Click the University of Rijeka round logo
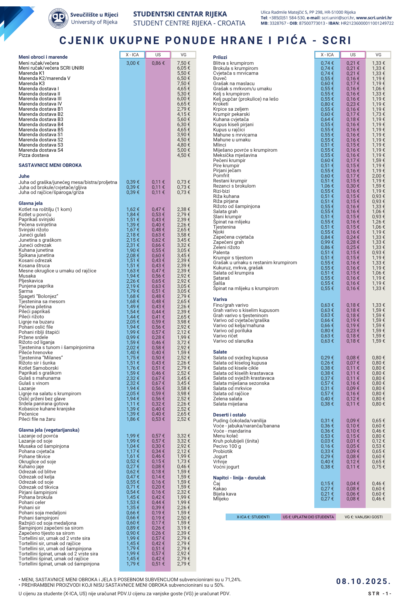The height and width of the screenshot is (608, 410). [x=58, y=18]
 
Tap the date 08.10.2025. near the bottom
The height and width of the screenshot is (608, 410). [x=363, y=582]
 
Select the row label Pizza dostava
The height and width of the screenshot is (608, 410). [x=34, y=155]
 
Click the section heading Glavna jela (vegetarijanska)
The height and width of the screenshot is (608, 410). [x=49, y=430]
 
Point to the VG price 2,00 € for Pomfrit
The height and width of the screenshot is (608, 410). [x=378, y=176]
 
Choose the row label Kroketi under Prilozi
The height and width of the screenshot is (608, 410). [x=221, y=104]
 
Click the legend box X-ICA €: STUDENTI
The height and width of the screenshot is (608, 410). [x=253, y=517]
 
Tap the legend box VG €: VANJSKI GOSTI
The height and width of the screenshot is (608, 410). [x=364, y=517]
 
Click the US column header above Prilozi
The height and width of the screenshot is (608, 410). [x=353, y=55]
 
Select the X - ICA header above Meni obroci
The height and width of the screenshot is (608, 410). [x=132, y=55]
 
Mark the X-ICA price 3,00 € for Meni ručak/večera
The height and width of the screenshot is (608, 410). [x=133, y=63]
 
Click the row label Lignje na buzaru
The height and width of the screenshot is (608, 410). [x=36, y=322]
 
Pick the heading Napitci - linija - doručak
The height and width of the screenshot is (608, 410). [x=239, y=478]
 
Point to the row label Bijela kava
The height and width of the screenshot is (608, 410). [x=224, y=494]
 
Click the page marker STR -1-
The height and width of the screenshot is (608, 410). [x=379, y=594]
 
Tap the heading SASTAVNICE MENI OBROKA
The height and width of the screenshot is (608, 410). [x=50, y=165]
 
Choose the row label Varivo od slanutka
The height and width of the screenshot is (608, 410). [x=233, y=341]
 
